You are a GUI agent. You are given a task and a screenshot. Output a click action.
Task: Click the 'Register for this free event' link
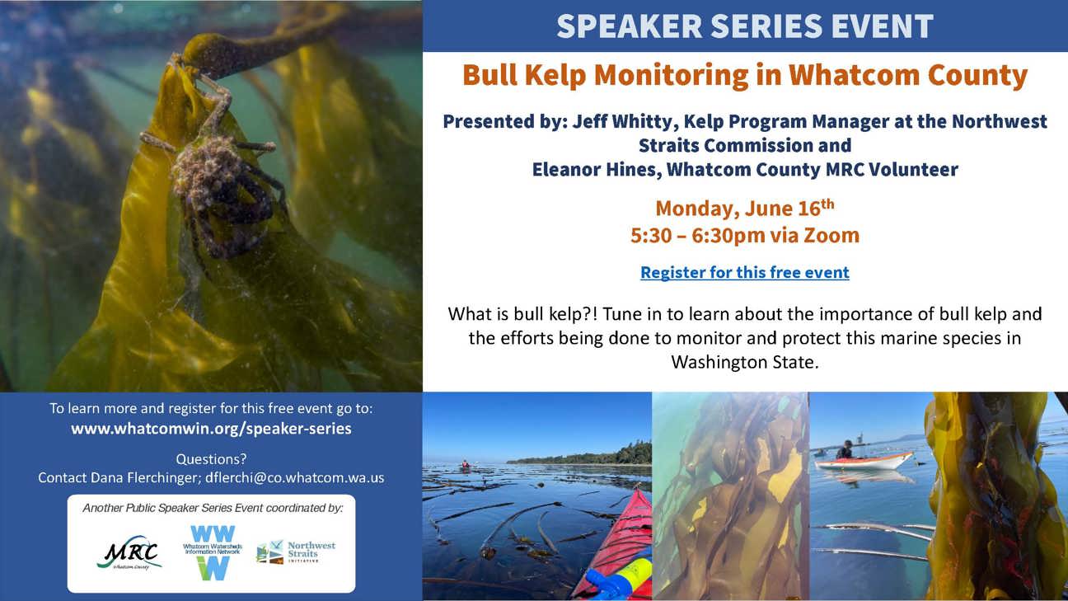(745, 272)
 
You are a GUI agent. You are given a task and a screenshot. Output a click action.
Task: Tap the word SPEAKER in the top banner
(630, 26)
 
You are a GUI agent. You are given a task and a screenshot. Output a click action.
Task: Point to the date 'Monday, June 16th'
(745, 209)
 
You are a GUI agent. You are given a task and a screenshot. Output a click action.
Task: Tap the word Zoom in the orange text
(831, 236)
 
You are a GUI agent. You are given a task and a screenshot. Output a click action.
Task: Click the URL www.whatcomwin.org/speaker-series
(211, 429)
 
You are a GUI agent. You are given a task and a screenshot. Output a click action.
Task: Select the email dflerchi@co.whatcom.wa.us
(295, 478)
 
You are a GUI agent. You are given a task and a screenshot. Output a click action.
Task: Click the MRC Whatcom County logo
(129, 553)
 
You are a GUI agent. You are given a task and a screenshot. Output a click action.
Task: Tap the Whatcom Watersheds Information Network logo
(213, 552)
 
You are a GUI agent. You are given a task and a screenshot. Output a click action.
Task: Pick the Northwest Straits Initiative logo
(296, 552)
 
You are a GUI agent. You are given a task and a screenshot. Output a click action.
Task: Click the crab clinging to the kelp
(214, 176)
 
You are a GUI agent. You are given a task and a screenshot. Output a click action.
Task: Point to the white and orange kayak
(864, 462)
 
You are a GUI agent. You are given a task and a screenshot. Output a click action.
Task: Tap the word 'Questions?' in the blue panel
(211, 459)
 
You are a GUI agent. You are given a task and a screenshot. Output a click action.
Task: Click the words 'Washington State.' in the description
(745, 362)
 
